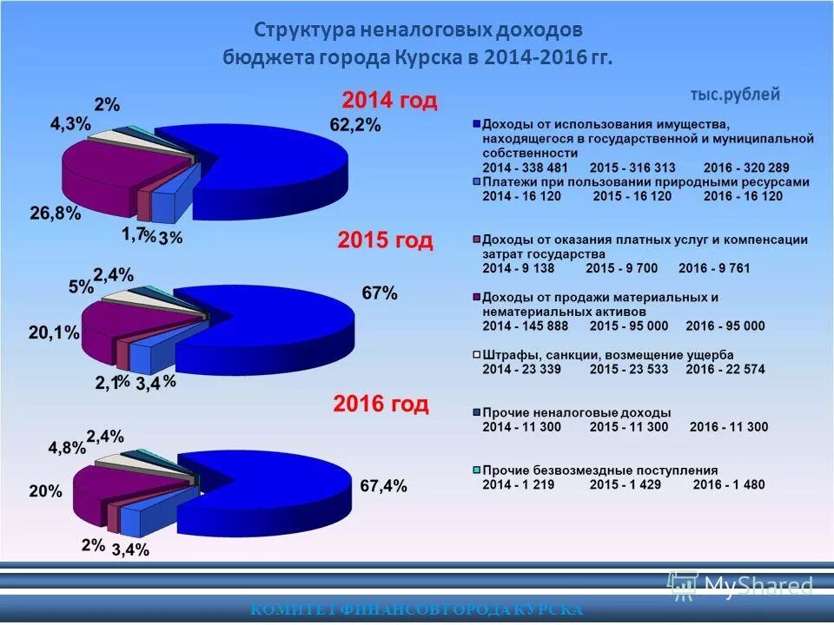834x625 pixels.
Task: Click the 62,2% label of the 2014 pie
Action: click(x=354, y=124)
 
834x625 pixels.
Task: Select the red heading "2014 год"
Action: click(x=388, y=100)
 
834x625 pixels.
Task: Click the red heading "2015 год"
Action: click(x=385, y=240)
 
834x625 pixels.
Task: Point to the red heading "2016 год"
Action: click(x=381, y=404)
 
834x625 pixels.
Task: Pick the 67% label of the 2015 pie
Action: click(x=380, y=293)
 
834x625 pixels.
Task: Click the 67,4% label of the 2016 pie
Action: click(x=383, y=486)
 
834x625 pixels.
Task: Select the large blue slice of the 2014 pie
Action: click(x=278, y=169)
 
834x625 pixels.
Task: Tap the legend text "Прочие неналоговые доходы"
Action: click(x=576, y=412)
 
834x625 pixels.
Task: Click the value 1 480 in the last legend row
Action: click(x=743, y=484)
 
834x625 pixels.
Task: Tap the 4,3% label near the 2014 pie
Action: click(x=69, y=124)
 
